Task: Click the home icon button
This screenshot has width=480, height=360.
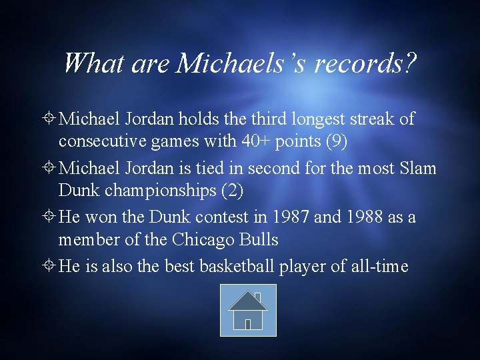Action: tap(248, 310)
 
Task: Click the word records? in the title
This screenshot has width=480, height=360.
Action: tap(366, 63)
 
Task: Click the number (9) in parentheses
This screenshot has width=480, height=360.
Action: tap(334, 141)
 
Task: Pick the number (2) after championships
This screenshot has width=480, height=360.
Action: tap(231, 190)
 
